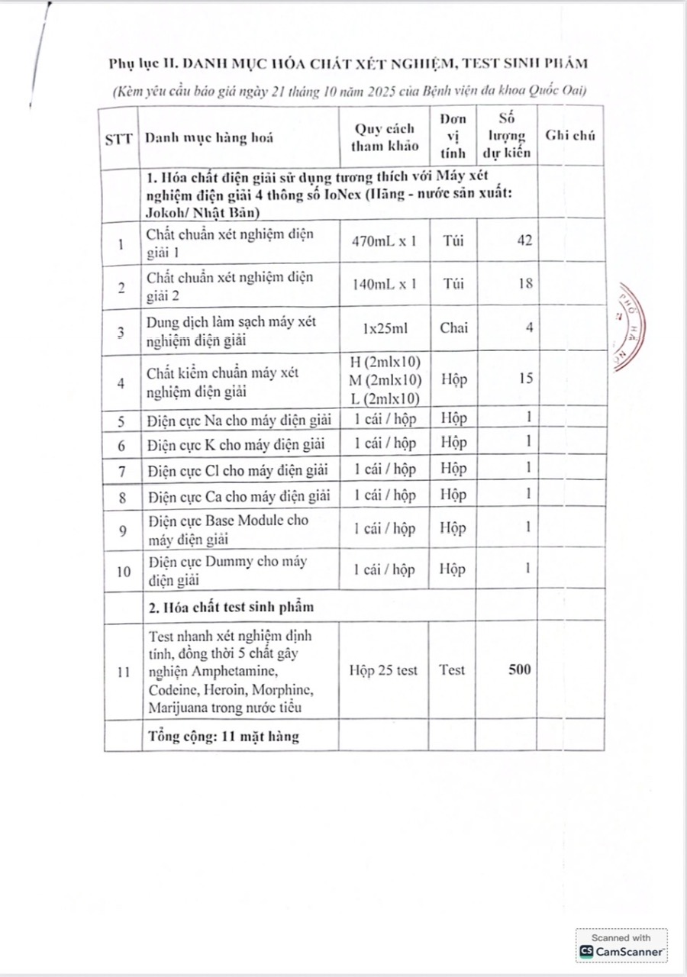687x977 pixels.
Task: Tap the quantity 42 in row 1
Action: tap(524, 240)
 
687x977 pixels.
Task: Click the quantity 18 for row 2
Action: tap(524, 284)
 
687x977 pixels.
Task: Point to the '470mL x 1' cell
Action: tap(384, 241)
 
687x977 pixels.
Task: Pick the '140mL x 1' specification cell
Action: tap(384, 284)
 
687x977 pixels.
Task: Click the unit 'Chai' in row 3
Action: tap(454, 328)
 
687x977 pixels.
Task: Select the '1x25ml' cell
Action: tap(384, 328)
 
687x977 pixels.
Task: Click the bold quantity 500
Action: tap(519, 669)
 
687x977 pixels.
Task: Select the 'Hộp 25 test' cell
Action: tap(383, 670)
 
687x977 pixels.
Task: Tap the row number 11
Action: tap(122, 671)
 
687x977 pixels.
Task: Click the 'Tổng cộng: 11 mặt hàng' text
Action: tap(222, 737)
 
